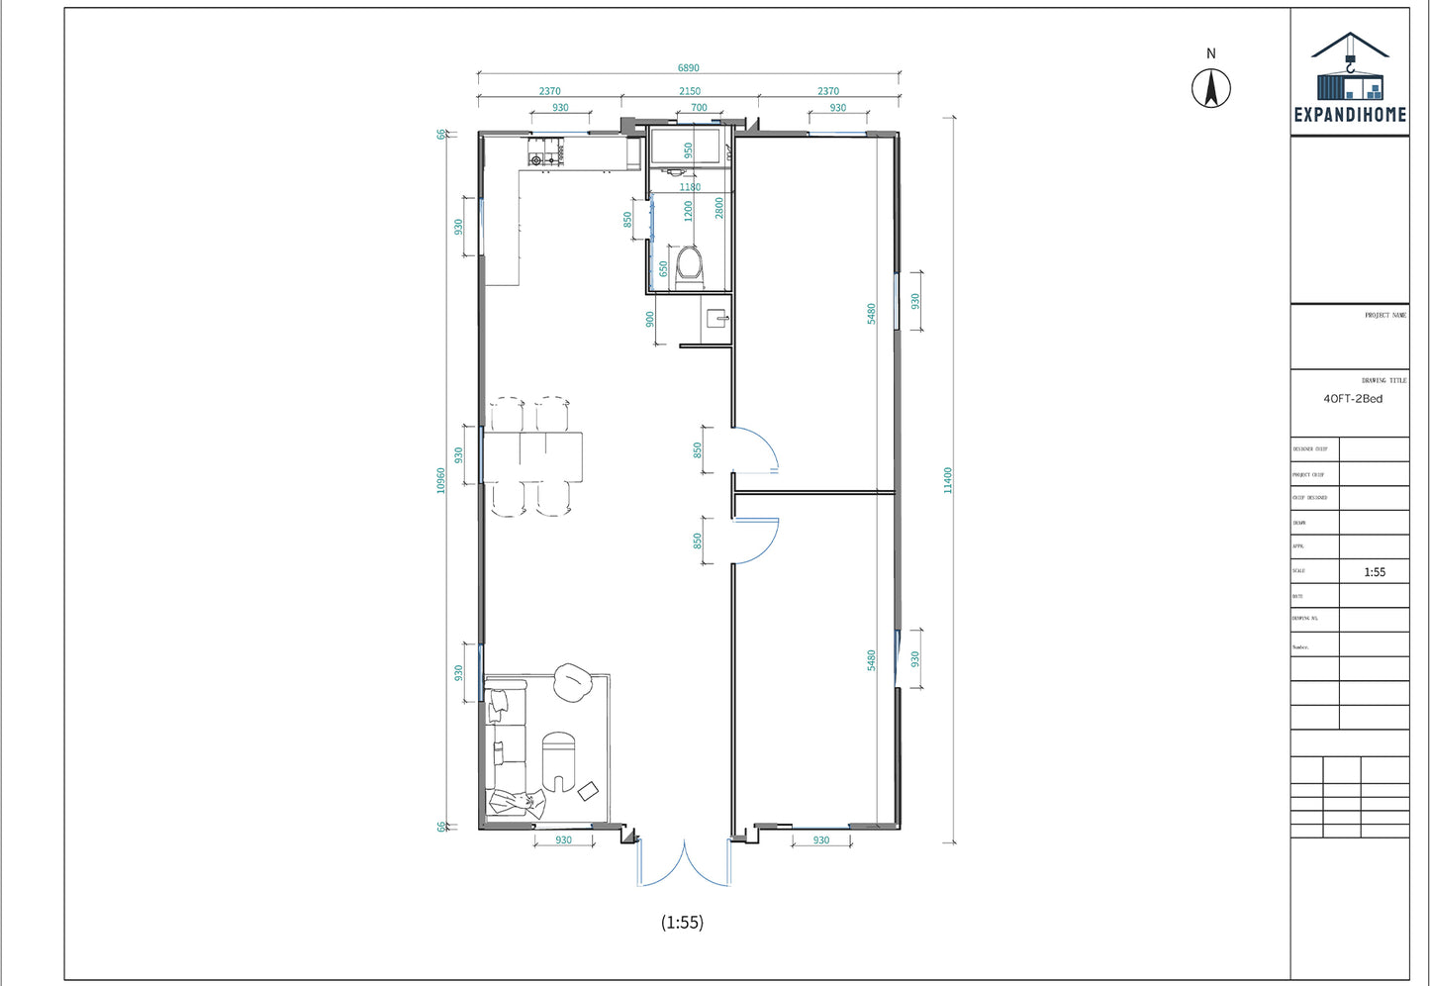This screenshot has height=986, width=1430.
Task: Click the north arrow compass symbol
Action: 1210,88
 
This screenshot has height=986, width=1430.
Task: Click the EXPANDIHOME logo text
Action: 1350,115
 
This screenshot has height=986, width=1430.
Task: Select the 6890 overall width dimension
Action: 688,68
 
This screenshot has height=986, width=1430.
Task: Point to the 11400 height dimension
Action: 947,480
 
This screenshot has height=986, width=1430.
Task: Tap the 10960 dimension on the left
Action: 441,480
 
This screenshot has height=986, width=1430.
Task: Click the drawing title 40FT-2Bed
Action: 1353,399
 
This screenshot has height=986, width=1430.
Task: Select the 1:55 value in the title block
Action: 1374,572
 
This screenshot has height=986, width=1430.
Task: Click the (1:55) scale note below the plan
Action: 682,923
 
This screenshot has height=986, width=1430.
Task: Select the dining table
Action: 531,456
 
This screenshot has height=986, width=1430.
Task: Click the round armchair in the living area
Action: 572,682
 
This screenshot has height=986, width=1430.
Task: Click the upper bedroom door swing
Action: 756,450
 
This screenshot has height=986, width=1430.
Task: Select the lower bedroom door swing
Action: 756,540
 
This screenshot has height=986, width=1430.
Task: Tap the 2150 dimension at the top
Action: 689,91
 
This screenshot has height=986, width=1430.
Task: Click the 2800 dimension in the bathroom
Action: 719,208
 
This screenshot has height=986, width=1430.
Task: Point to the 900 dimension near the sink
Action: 650,320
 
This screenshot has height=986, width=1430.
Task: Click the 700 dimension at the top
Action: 699,108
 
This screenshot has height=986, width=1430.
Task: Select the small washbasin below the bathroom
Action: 716,319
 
